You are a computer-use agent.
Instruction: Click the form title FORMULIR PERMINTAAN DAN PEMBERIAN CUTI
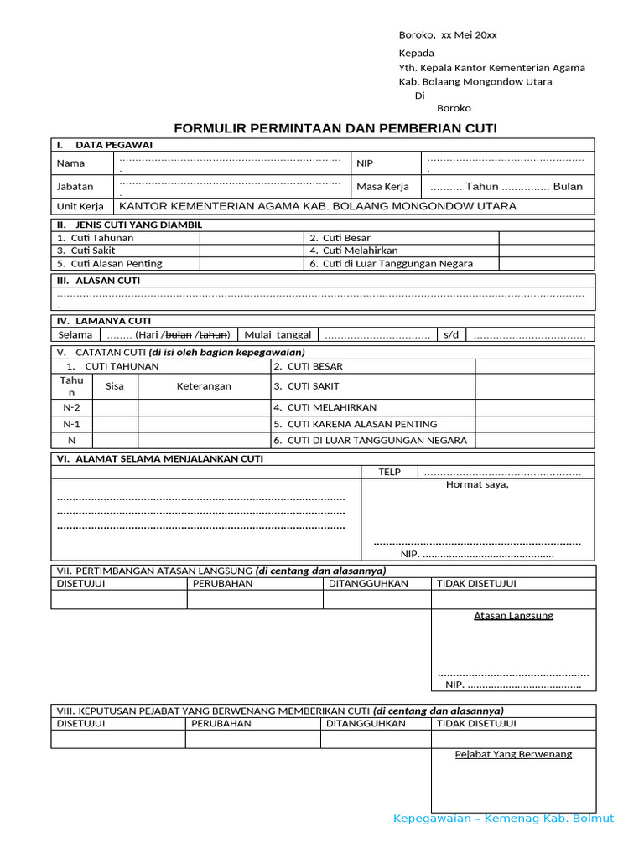[x=335, y=128]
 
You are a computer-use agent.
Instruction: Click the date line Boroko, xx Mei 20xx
[x=447, y=34]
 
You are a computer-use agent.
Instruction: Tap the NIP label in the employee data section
[x=365, y=163]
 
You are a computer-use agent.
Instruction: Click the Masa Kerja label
[x=382, y=187]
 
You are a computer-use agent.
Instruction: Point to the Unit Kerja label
[x=80, y=206]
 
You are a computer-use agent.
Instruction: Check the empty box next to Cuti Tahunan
[x=252, y=238]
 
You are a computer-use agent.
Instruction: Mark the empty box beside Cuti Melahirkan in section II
[x=546, y=251]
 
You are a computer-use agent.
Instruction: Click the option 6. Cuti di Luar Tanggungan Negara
[x=391, y=263]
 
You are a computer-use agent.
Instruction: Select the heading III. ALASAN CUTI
[x=98, y=281]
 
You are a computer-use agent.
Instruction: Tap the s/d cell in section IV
[x=451, y=334]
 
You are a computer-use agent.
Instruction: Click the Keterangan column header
[x=204, y=386]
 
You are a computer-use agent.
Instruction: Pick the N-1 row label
[x=72, y=424]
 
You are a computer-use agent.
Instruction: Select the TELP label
[x=389, y=472]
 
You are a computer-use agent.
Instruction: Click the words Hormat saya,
[x=477, y=484]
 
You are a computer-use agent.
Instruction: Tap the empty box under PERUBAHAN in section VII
[x=255, y=599]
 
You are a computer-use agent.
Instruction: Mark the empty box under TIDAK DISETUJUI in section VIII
[x=513, y=739]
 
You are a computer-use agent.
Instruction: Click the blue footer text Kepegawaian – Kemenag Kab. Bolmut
[x=503, y=819]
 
